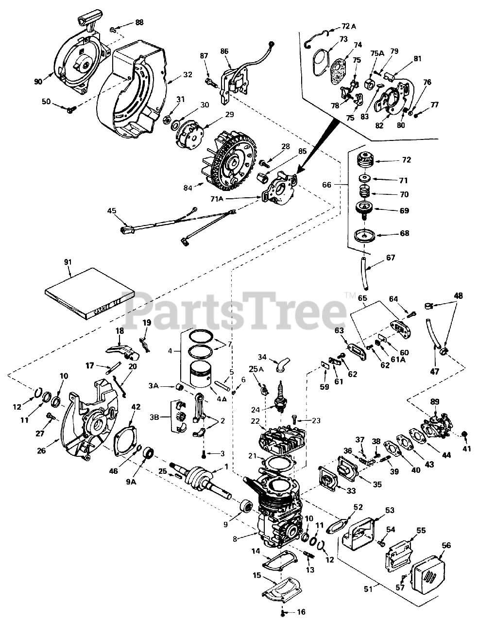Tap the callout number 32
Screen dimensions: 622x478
click(x=188, y=75)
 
